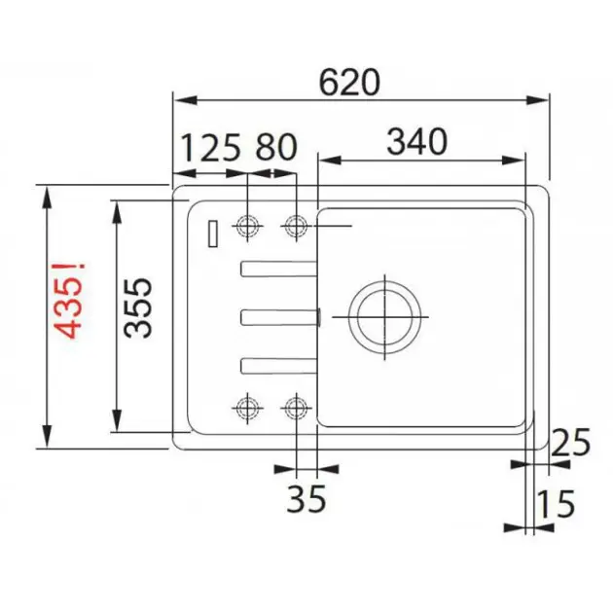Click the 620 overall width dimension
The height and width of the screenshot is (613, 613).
pos(349,83)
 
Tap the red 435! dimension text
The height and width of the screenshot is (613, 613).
pos(70,300)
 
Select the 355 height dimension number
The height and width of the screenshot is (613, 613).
pos(137,307)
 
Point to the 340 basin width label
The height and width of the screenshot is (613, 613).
pos(416,141)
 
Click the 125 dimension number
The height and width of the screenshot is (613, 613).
pos(211,148)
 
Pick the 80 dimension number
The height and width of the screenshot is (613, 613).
pos(276,147)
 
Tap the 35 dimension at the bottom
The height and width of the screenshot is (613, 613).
pos(306,498)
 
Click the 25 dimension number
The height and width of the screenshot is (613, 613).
pos(570,442)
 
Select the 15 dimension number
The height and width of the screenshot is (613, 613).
pos(557,504)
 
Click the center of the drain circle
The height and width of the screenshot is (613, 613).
pos(385,317)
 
